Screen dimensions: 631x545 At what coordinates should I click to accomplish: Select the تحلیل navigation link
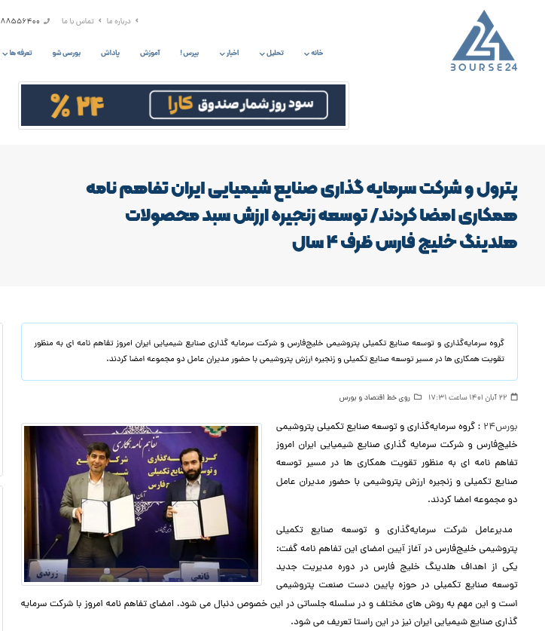tap(275, 53)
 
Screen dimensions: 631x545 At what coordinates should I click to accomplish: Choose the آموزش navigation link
tap(150, 53)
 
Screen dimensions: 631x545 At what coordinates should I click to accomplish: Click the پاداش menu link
tap(111, 53)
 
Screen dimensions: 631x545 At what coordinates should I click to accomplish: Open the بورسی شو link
tap(67, 53)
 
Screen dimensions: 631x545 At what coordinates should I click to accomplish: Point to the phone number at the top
tap(21, 21)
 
